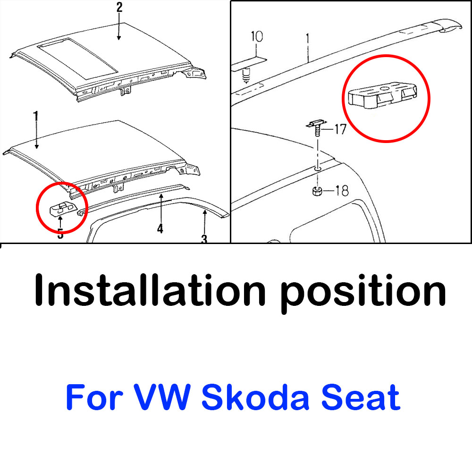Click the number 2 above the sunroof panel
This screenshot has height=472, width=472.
click(119, 7)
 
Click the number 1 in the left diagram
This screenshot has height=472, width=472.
click(36, 117)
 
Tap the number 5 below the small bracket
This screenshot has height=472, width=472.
click(60, 234)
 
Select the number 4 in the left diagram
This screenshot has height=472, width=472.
click(160, 228)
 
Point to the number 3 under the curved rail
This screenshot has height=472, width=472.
click(204, 239)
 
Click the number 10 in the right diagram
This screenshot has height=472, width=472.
click(257, 36)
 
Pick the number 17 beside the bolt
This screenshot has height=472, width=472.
click(340, 129)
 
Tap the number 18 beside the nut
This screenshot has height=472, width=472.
click(342, 191)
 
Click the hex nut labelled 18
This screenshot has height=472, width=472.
click(317, 191)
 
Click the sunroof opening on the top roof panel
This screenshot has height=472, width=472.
click(77, 59)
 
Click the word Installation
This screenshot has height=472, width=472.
click(150, 290)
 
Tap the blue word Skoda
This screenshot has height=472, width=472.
click(255, 397)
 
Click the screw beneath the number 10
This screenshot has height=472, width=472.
click(246, 76)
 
